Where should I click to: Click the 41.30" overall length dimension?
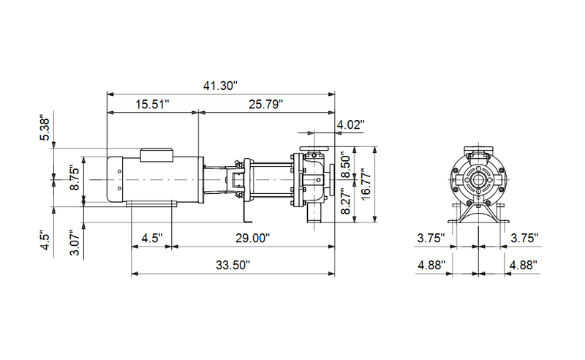click(221, 86)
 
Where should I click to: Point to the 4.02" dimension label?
click(350, 125)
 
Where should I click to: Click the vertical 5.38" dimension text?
click(45, 130)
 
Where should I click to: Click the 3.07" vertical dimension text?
click(74, 242)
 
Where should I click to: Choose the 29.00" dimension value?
click(252, 239)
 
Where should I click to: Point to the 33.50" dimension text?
click(233, 264)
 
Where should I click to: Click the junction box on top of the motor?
click(156, 154)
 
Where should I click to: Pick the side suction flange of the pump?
click(333, 180)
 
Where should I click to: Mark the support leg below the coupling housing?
click(246, 212)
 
